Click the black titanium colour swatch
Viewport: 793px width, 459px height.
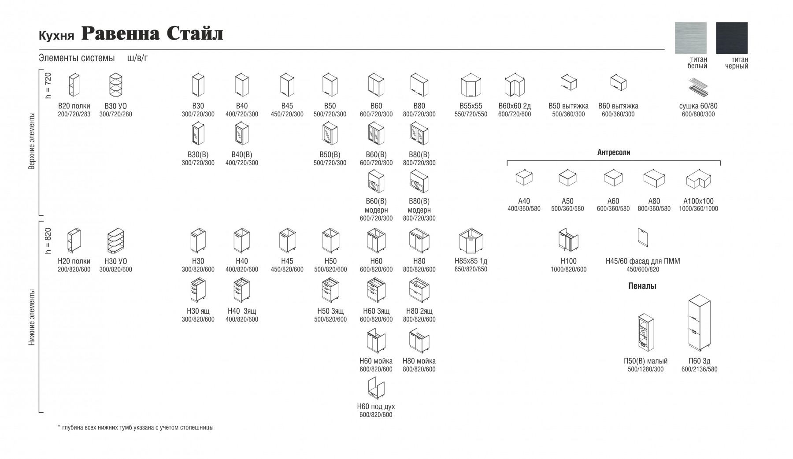pyautogui.click(x=731, y=38)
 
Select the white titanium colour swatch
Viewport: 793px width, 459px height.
pyautogui.click(x=690, y=38)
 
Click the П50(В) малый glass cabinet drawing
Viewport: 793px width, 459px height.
pyautogui.click(x=645, y=333)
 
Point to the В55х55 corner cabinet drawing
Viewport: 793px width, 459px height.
pyautogui.click(x=471, y=85)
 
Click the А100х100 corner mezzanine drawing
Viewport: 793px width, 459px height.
pyautogui.click(x=699, y=180)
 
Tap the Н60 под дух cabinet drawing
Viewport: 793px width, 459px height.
pyautogui.click(x=376, y=388)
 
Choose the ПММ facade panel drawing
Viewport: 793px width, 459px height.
pyautogui.click(x=643, y=238)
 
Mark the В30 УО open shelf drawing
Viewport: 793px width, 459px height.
pyautogui.click(x=115, y=85)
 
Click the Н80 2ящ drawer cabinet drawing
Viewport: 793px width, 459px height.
pyautogui.click(x=419, y=290)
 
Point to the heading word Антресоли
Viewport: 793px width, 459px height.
pyautogui.click(x=613, y=152)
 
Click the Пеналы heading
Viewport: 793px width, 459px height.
pyautogui.click(x=642, y=286)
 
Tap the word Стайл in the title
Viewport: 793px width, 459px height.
pyautogui.click(x=195, y=33)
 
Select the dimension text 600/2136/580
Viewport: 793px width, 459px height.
pyautogui.click(x=699, y=369)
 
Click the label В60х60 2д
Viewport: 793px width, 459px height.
pyautogui.click(x=515, y=106)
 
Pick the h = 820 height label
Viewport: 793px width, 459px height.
pyautogui.click(x=48, y=241)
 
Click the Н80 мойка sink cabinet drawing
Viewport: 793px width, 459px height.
pyautogui.click(x=419, y=341)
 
